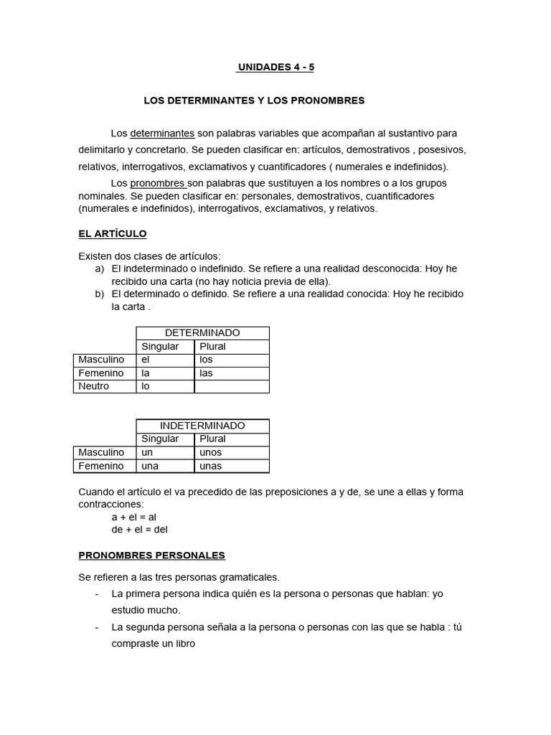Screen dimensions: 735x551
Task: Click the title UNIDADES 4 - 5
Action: [275, 67]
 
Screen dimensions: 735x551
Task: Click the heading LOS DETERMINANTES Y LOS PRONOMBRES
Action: [254, 100]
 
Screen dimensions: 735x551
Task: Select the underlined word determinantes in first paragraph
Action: [162, 134]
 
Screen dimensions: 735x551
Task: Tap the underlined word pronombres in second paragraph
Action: [158, 183]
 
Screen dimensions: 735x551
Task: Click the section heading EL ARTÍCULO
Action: [112, 234]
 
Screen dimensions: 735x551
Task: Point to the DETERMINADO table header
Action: [202, 333]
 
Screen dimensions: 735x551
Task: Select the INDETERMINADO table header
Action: [202, 426]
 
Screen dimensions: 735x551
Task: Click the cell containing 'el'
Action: [165, 360]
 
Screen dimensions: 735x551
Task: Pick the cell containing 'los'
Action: [231, 360]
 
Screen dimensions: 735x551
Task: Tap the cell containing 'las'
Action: [231, 373]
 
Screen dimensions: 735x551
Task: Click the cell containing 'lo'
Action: [165, 386]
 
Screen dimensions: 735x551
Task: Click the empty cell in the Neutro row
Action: [231, 386]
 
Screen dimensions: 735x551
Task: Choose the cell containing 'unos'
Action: [231, 452]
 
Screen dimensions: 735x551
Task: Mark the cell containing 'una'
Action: [165, 466]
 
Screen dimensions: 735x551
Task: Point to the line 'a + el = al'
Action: [134, 517]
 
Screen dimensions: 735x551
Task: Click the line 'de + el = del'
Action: [139, 530]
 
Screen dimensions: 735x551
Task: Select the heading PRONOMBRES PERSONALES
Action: [151, 556]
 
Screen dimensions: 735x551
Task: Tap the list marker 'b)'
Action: [99, 294]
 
